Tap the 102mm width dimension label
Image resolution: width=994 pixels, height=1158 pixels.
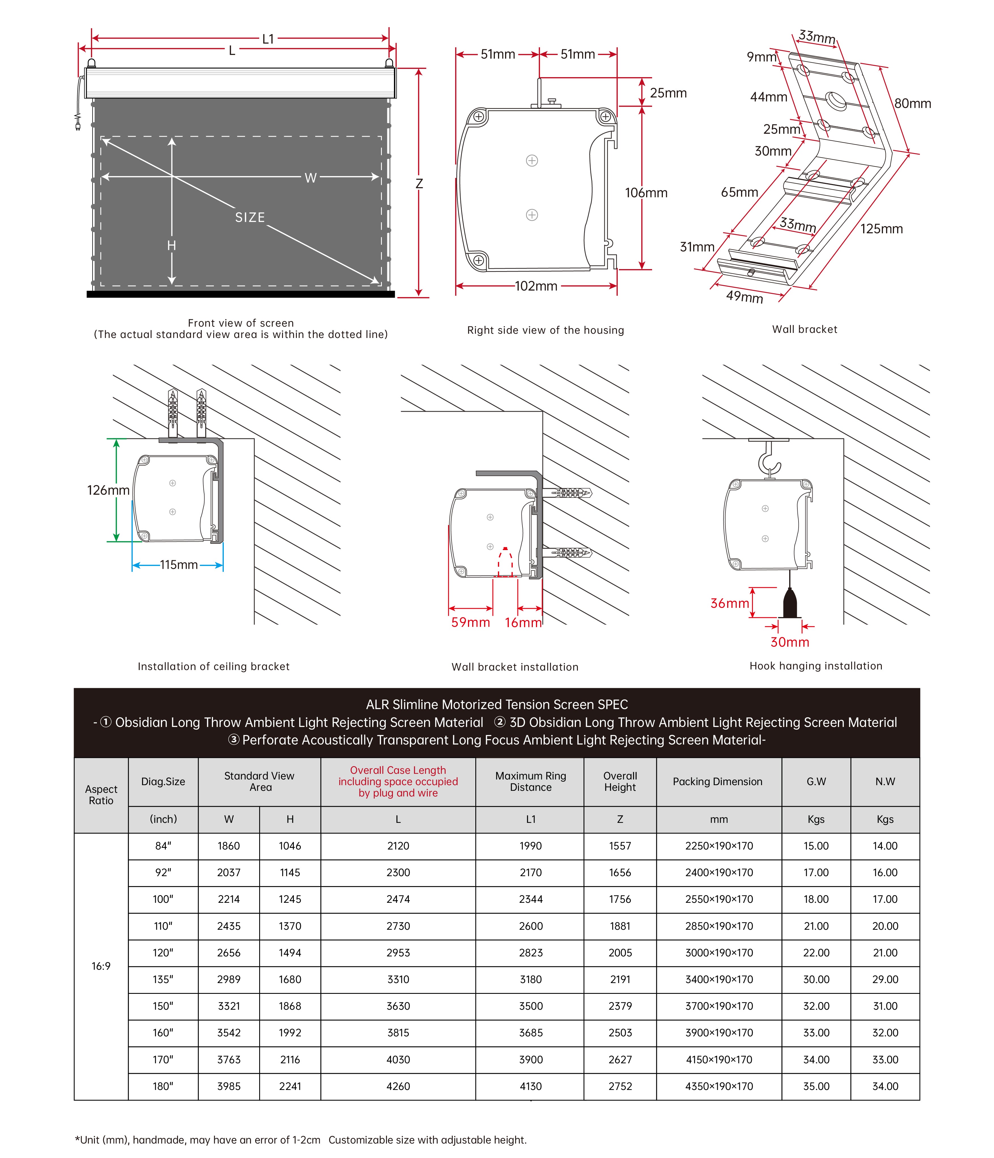pos(536,286)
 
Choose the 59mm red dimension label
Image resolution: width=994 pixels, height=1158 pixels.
pos(470,622)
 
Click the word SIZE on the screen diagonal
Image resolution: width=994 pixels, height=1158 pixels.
pos(250,217)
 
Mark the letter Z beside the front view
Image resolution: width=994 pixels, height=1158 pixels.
pos(419,184)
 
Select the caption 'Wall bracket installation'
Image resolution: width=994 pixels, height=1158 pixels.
pos(514,667)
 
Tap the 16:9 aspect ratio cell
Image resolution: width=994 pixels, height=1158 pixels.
pos(101,966)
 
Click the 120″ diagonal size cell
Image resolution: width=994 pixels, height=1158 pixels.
pos(163,952)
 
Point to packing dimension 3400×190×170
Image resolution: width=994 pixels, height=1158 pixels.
pos(719,979)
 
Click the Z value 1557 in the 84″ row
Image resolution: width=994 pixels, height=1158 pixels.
pos(620,846)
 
